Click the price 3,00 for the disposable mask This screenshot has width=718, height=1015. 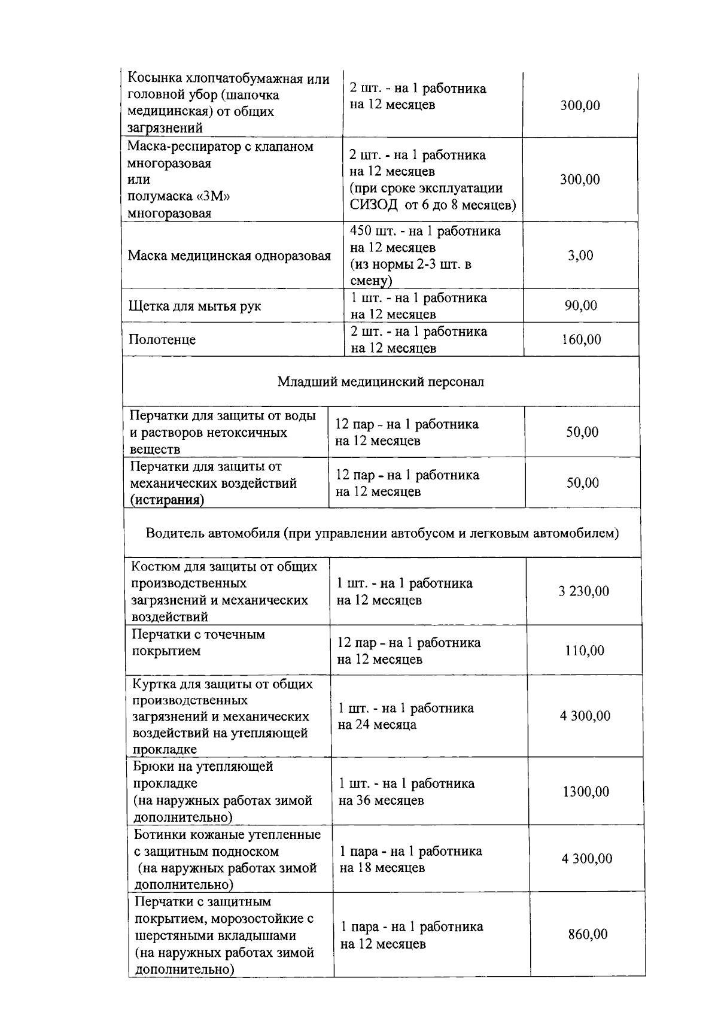[x=580, y=256]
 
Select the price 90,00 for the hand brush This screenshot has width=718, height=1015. [x=580, y=306]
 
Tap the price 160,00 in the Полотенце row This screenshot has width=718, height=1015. [x=581, y=340]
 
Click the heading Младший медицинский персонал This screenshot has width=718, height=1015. [x=381, y=382]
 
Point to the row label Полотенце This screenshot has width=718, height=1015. [x=162, y=340]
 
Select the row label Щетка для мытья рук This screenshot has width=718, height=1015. [x=194, y=306]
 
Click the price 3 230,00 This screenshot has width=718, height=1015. [x=584, y=591]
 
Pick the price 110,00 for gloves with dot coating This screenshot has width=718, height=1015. [x=585, y=651]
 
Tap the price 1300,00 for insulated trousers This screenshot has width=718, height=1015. [x=586, y=792]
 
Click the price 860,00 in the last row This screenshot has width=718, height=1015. [x=588, y=934]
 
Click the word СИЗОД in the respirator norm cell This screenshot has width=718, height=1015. [x=373, y=205]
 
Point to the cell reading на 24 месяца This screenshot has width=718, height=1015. [x=377, y=725]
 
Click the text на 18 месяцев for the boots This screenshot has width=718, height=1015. [x=382, y=868]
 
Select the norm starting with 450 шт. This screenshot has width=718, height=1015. [x=425, y=231]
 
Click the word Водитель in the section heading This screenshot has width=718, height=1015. [x=175, y=533]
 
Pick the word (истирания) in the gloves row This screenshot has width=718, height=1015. [x=167, y=500]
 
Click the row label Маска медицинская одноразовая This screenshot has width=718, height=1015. [x=229, y=256]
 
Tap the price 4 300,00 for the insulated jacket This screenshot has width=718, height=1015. [x=585, y=716]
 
